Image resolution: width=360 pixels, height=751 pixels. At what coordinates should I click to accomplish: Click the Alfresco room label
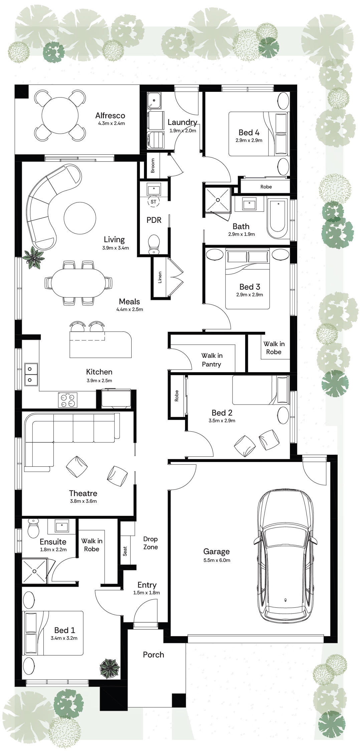pos(110,116)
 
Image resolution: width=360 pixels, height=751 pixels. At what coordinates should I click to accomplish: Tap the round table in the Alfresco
pos(60,116)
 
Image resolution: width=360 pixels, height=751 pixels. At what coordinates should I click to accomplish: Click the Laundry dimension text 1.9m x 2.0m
pos(183,131)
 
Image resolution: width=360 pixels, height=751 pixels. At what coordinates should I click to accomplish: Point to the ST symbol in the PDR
pos(154,202)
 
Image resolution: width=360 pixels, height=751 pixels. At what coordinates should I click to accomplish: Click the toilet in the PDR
pos(154,244)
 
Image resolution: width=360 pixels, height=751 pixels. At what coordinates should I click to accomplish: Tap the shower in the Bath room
pos(218,200)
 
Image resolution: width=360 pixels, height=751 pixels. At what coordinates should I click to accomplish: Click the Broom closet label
pos(153,166)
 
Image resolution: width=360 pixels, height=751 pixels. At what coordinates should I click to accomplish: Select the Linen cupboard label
pos(160,277)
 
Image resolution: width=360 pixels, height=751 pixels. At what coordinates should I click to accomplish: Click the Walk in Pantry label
pos(212,360)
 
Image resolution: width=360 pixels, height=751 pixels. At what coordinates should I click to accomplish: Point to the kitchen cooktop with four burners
pos(68,400)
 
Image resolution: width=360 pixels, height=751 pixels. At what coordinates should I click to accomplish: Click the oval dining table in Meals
pos(79,283)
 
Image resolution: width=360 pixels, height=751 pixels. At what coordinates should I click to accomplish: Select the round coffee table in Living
pos(80,218)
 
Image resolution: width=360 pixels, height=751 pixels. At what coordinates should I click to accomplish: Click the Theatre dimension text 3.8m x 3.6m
pos(83,501)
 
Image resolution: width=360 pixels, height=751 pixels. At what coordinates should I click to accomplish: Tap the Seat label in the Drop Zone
pos(125,551)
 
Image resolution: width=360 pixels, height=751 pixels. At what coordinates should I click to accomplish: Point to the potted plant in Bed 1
pos(110,668)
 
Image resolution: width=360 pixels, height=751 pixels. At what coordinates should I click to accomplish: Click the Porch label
pos(154,655)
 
